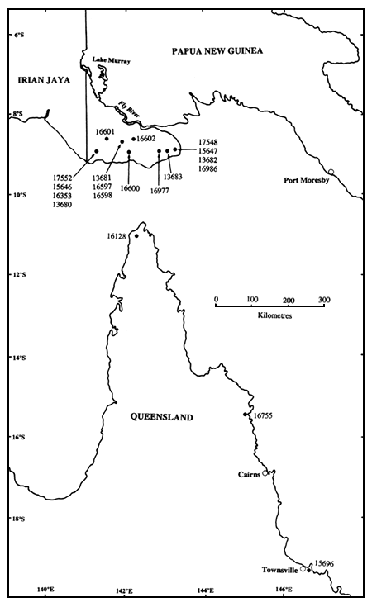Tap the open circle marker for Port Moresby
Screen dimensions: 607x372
(x=331, y=172)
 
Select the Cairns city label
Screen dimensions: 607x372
(x=248, y=474)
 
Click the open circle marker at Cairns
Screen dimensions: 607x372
(x=265, y=473)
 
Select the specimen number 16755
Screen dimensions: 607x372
(x=264, y=415)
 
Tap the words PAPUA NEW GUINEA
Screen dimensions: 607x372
(x=217, y=51)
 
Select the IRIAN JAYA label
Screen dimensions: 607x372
(x=38, y=79)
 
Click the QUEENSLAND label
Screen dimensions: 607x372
(x=162, y=418)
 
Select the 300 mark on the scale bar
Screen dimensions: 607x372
(x=323, y=299)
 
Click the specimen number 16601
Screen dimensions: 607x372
(x=105, y=131)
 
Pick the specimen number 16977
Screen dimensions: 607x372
(x=160, y=190)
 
